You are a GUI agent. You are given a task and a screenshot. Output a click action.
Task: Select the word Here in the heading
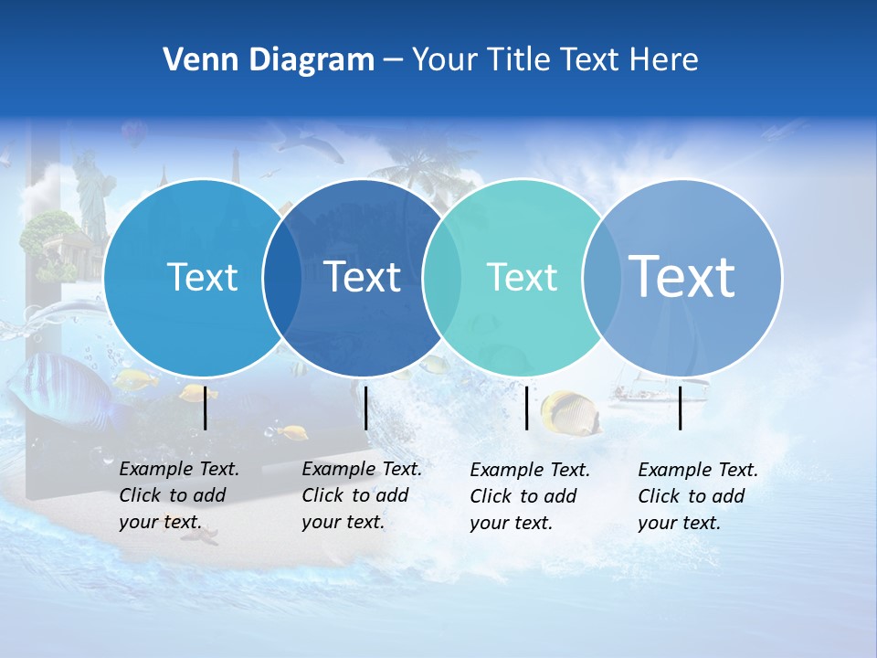point(664,60)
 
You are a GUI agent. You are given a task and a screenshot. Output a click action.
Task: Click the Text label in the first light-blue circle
point(202,277)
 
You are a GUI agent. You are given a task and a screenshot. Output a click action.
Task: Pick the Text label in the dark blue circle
point(363,277)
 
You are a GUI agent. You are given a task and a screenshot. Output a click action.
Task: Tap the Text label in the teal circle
point(523,277)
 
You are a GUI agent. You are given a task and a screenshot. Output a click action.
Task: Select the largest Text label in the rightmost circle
point(682,276)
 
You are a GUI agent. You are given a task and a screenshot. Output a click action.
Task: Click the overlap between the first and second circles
point(282,278)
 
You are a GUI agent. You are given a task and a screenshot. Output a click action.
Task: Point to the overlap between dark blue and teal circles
point(442,278)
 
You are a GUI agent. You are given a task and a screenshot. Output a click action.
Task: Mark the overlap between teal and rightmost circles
point(601,278)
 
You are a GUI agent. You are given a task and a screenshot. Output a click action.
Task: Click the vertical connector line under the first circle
point(206,408)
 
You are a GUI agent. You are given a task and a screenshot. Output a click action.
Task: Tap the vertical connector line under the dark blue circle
point(365,408)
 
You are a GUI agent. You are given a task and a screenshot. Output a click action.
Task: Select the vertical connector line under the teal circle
point(527,408)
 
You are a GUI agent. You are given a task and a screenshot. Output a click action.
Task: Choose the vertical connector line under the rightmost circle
point(681,408)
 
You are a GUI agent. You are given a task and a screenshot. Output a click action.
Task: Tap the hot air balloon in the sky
point(135,134)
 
